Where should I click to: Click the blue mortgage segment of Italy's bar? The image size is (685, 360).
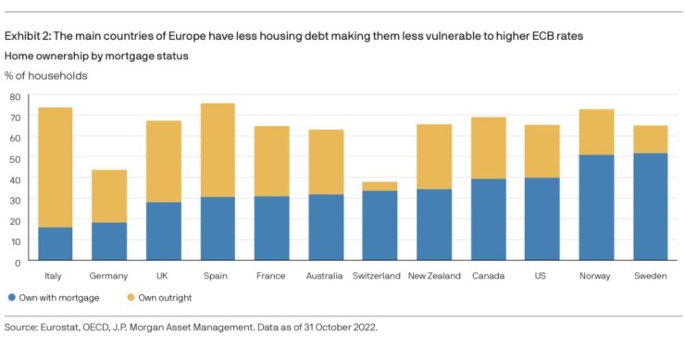click(x=55, y=243)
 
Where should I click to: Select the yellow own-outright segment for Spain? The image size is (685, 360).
click(x=218, y=150)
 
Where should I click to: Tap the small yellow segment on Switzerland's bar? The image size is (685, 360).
click(x=380, y=186)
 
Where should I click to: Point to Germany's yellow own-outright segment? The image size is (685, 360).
click(x=109, y=196)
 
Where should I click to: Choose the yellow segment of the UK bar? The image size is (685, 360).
click(x=163, y=161)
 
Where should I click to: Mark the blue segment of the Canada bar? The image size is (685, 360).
click(x=488, y=219)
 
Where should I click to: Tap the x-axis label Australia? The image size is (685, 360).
click(x=326, y=276)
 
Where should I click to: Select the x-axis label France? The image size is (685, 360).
click(x=271, y=276)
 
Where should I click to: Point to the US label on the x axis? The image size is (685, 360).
click(x=542, y=276)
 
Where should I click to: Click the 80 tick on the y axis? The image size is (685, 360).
click(x=15, y=96)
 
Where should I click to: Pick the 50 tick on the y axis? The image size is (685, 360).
click(x=15, y=158)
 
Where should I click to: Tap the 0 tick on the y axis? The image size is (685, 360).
click(x=18, y=262)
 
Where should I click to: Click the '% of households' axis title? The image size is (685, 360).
click(x=46, y=75)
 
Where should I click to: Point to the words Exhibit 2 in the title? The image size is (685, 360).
click(x=28, y=36)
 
